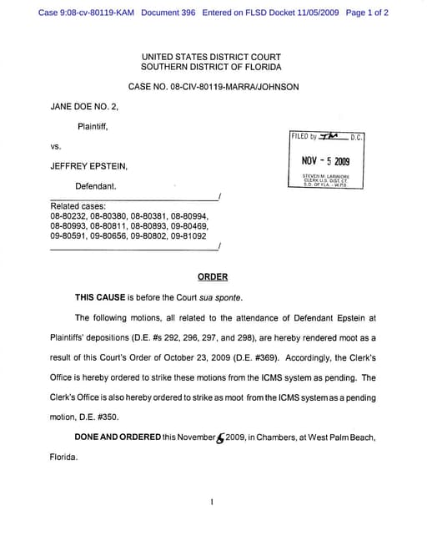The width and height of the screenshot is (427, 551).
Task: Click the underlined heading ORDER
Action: [x=213, y=276]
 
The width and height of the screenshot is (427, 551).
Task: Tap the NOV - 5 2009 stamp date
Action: [x=325, y=161]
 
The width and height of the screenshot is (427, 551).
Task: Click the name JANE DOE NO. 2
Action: [x=85, y=107]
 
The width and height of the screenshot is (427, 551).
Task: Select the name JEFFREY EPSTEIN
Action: [x=89, y=166]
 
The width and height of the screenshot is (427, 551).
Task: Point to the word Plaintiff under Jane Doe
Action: [x=93, y=126]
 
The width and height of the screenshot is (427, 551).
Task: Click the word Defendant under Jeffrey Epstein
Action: [x=96, y=185]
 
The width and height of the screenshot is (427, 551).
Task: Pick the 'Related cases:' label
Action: [x=78, y=205]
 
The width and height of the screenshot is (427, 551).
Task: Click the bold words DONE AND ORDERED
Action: [x=118, y=437]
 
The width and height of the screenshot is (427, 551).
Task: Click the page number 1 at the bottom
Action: [x=213, y=503]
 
